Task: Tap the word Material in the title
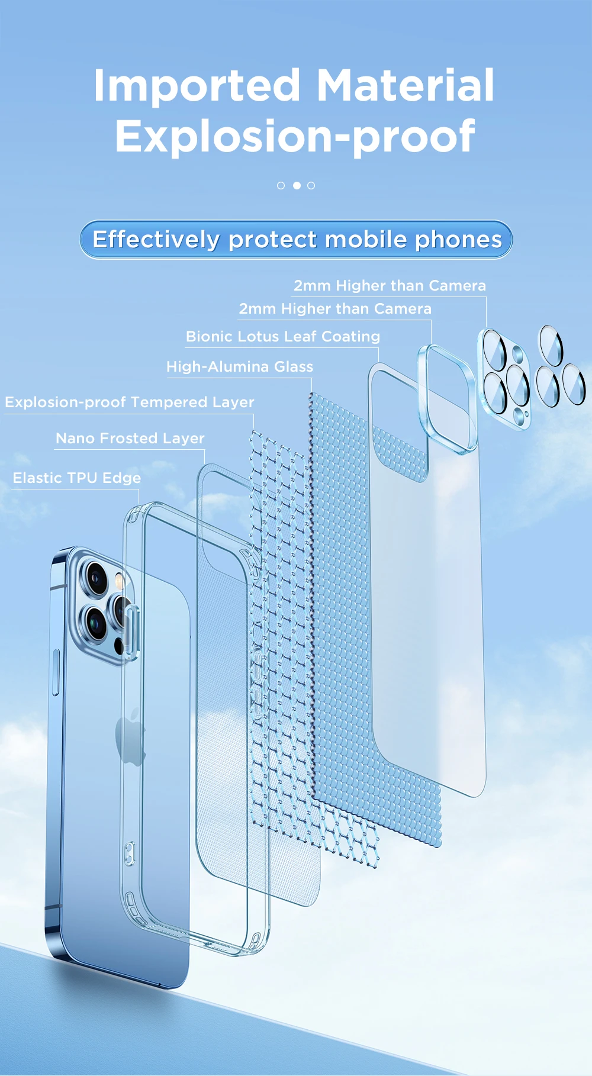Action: [x=406, y=85]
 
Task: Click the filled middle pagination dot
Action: [x=297, y=185]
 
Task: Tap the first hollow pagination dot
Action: [x=281, y=185]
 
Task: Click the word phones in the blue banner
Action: [x=458, y=240]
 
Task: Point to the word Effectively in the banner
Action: [x=156, y=240]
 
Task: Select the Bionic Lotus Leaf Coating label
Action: [x=283, y=337]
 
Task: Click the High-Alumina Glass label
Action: [x=240, y=367]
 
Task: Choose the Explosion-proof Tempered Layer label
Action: [x=130, y=402]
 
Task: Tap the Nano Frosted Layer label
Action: [x=130, y=439]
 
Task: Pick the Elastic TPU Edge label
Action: [x=77, y=478]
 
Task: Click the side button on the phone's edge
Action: [x=56, y=672]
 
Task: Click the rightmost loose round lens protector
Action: [x=574, y=385]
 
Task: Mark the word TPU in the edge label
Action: [x=82, y=478]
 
